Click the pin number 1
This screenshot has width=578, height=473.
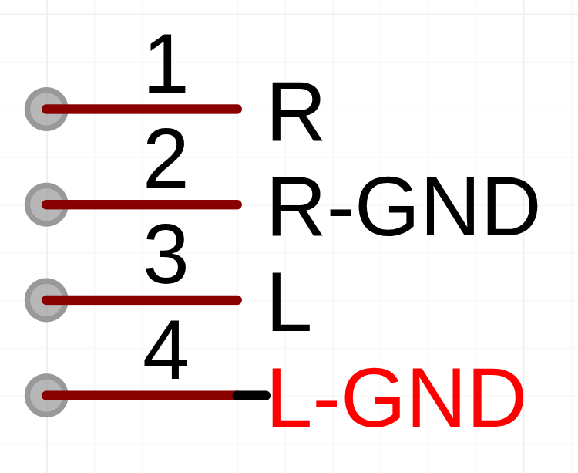(167, 63)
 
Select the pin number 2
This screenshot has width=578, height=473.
(166, 158)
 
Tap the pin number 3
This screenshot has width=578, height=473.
(166, 254)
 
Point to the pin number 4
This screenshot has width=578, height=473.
(166, 350)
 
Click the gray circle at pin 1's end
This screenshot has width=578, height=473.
(46, 110)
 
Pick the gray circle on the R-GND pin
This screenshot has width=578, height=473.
(46, 204)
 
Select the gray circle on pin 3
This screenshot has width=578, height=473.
(46, 300)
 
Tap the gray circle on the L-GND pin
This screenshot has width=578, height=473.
(46, 396)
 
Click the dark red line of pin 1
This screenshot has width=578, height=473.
(142, 110)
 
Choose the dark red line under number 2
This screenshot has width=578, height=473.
(142, 204)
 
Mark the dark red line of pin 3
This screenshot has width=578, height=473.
(142, 300)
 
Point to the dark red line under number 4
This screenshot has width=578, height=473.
(138, 396)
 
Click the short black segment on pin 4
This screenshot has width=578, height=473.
(252, 396)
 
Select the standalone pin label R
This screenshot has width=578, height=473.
(297, 112)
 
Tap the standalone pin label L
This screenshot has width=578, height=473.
(291, 302)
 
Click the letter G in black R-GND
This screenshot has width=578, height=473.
(385, 206)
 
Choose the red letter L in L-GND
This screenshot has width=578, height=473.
(291, 397)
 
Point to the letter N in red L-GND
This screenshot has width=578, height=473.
(436, 397)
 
